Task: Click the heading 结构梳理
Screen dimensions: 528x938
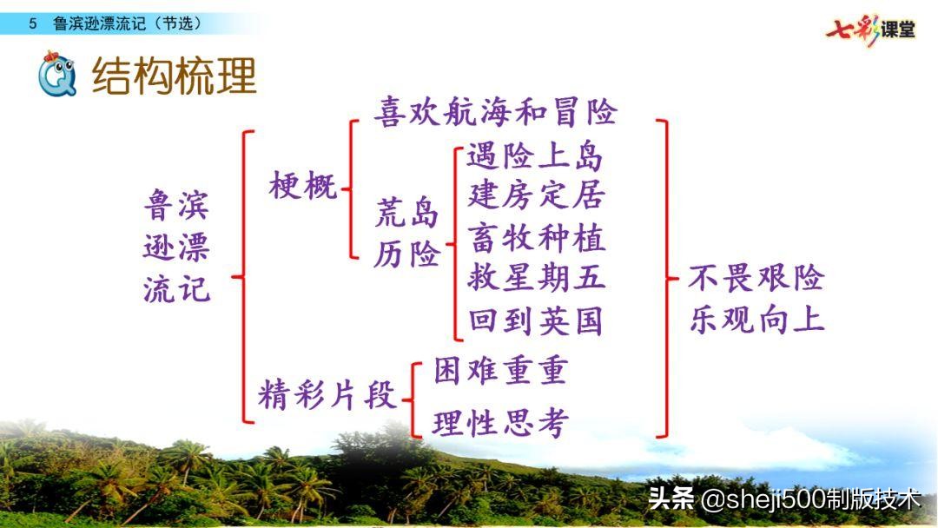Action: (175, 76)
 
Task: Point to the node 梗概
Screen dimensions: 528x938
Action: (303, 185)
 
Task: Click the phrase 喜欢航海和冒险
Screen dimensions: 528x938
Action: (496, 112)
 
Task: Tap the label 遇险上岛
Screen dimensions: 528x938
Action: (535, 156)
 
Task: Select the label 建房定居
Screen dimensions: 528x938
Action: (536, 195)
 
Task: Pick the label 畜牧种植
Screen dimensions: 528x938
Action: (536, 237)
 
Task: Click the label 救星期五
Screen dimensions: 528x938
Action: (536, 278)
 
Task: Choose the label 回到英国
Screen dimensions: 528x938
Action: (536, 321)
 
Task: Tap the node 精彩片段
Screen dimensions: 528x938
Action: (327, 395)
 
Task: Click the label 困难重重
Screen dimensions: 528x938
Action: (500, 371)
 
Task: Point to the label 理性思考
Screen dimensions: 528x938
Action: (500, 423)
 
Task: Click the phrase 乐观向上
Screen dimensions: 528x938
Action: (756, 320)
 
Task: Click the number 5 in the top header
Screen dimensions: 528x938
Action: (33, 23)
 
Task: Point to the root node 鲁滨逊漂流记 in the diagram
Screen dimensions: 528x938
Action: (177, 247)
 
